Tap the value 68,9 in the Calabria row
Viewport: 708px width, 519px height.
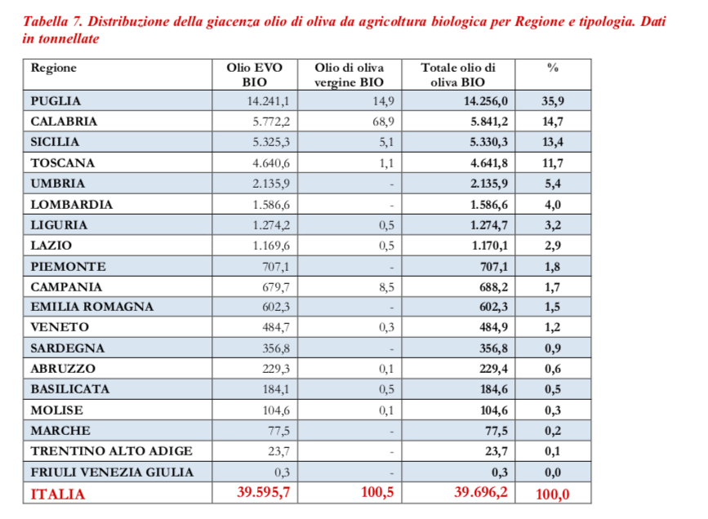coord(383,122)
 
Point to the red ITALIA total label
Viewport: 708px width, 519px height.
coord(57,494)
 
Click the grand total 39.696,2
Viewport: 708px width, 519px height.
coord(479,493)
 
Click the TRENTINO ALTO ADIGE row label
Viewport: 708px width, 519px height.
coord(111,451)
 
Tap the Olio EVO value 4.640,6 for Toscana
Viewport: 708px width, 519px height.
coord(272,163)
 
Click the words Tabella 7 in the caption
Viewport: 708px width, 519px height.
coord(56,22)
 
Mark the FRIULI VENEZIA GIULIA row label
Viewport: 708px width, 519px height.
coord(112,472)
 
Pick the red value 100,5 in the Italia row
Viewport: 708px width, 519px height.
coord(378,493)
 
